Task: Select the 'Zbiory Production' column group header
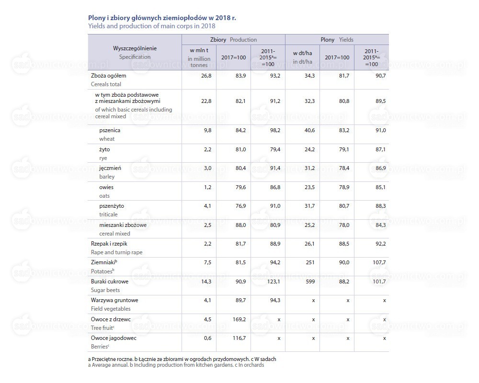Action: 233,40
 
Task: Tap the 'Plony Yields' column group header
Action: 337,40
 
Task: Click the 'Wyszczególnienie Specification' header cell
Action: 135,53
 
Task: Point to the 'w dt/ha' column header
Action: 302,57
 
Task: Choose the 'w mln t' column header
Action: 199,57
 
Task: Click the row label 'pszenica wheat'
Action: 110,135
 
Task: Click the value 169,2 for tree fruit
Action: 239,319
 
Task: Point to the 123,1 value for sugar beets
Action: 274,282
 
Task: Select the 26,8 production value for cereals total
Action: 206,76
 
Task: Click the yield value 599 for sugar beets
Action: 310,282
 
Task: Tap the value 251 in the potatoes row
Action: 310,262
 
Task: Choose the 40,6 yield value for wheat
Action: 309,130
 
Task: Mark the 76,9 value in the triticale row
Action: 241,206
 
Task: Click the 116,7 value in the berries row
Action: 239,338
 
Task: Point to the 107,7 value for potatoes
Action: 379,262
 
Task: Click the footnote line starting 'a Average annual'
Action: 176,365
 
